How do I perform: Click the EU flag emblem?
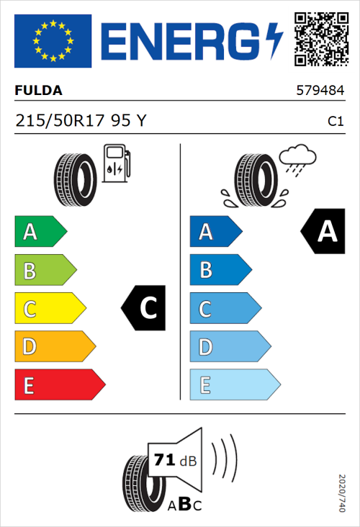pyautogui.click(x=53, y=41)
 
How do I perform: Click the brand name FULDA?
pyautogui.click(x=38, y=91)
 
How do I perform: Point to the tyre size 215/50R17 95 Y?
pyautogui.click(x=81, y=121)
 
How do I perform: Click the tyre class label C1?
pyautogui.click(x=336, y=122)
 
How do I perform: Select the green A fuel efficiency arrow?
pyautogui.click(x=40, y=232)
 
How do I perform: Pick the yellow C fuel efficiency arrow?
pyautogui.click(x=49, y=309)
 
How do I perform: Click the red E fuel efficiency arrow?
pyautogui.click(x=59, y=385)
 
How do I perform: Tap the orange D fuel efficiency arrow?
pyautogui.click(x=54, y=347)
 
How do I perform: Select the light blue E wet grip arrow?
pyautogui.click(x=234, y=385)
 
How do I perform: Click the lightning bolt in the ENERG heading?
pyautogui.click(x=274, y=40)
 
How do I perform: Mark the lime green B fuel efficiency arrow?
pyautogui.click(x=45, y=271)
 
